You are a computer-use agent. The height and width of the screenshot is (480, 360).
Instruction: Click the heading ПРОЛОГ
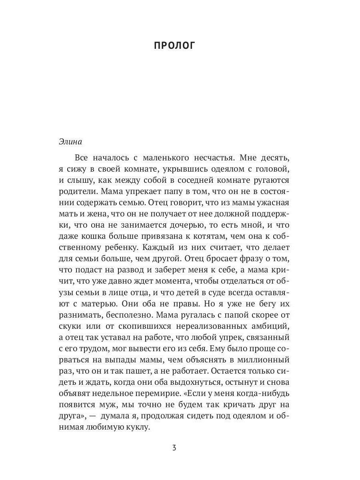[174, 46]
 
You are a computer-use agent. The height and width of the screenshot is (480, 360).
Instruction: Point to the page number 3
[174, 447]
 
